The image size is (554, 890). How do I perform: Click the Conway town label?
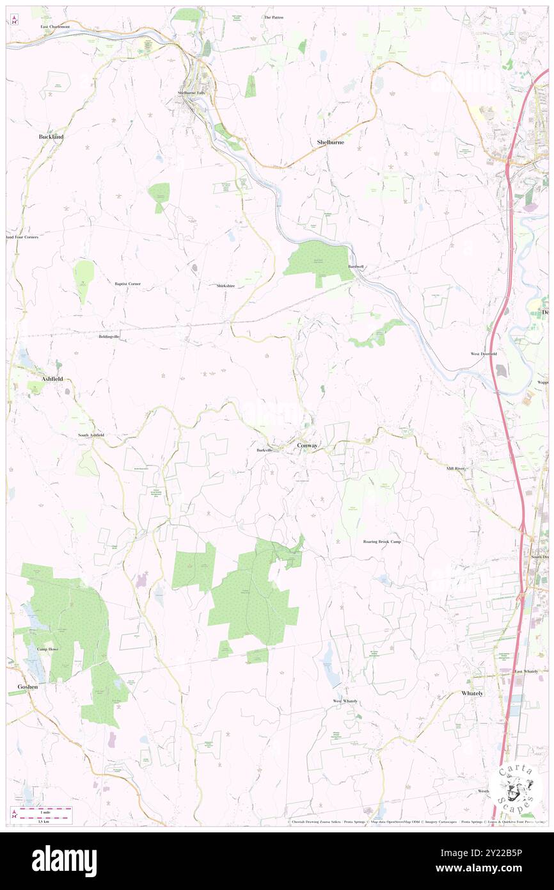click(307, 445)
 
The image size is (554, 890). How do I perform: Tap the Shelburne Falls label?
click(193, 93)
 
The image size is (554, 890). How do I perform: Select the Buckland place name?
click(51, 137)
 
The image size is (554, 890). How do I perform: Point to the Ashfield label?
click(52, 379)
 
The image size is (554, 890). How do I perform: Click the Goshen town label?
click(27, 686)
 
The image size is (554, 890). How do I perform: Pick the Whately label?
click(472, 693)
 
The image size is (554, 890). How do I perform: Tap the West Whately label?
click(345, 701)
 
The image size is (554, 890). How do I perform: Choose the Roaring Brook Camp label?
click(382, 542)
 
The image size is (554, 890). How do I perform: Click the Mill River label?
click(458, 469)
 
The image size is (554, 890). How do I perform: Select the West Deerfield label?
click(484, 353)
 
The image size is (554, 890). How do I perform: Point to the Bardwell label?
click(356, 266)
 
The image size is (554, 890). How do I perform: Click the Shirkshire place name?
click(230, 286)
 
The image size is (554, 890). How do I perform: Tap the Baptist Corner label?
click(127, 283)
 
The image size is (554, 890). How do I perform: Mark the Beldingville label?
click(109, 336)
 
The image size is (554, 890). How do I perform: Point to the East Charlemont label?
click(55, 27)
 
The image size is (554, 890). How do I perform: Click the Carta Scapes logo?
click(516, 788)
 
